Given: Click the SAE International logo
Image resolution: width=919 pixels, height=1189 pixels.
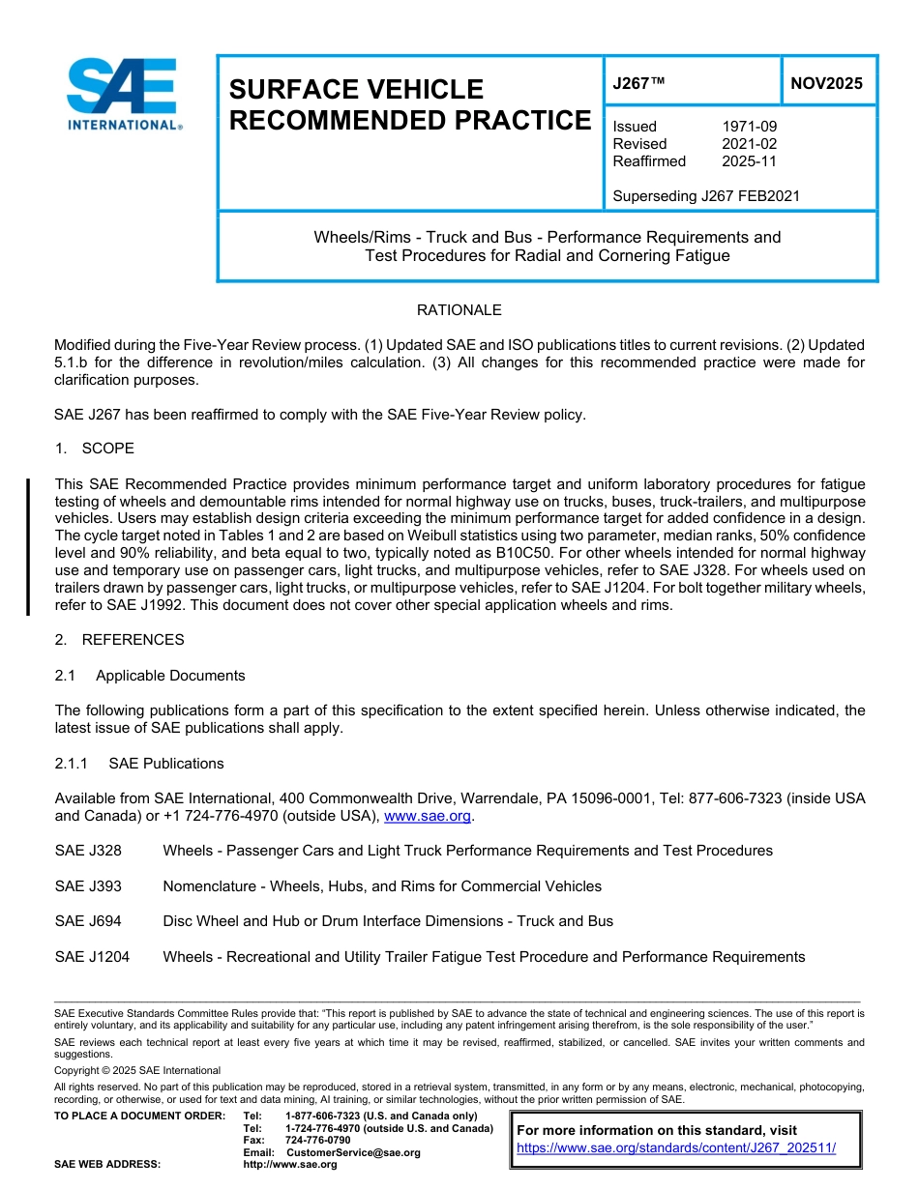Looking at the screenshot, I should pos(124,94).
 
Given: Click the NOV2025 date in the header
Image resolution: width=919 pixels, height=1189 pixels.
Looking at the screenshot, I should pos(826,83).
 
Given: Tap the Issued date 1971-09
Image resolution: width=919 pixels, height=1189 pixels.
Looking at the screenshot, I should pos(749,127).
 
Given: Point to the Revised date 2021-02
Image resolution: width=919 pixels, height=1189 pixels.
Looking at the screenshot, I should pos(749,144).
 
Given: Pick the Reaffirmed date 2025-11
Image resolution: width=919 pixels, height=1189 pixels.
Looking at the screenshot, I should pos(749,161).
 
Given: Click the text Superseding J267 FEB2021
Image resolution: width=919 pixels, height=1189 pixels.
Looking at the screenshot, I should pos(706,196).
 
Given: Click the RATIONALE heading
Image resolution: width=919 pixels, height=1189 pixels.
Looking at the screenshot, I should pos(459,310).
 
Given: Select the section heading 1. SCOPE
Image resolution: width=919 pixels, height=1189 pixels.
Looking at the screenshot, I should pos(95,449).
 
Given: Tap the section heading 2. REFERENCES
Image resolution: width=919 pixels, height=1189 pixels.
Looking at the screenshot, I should pos(119,640).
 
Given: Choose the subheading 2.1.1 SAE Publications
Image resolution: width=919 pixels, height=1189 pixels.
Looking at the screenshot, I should pos(139,764).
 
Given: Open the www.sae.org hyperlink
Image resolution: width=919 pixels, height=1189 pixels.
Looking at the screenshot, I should pos(428,817).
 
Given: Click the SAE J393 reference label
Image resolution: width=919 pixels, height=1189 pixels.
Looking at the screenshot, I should pos(88,886).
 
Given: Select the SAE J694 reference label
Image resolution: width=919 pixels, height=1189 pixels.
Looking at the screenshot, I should pos(88,921).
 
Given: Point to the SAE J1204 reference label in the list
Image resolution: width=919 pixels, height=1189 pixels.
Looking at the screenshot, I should pos(92,957).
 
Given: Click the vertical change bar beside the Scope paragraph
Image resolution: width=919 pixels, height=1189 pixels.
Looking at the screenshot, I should pos(28,546).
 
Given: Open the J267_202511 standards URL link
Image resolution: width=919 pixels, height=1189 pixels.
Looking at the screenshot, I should pos(675,1148).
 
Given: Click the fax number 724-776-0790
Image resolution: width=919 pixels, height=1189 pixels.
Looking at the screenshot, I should pos(317,1141).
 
